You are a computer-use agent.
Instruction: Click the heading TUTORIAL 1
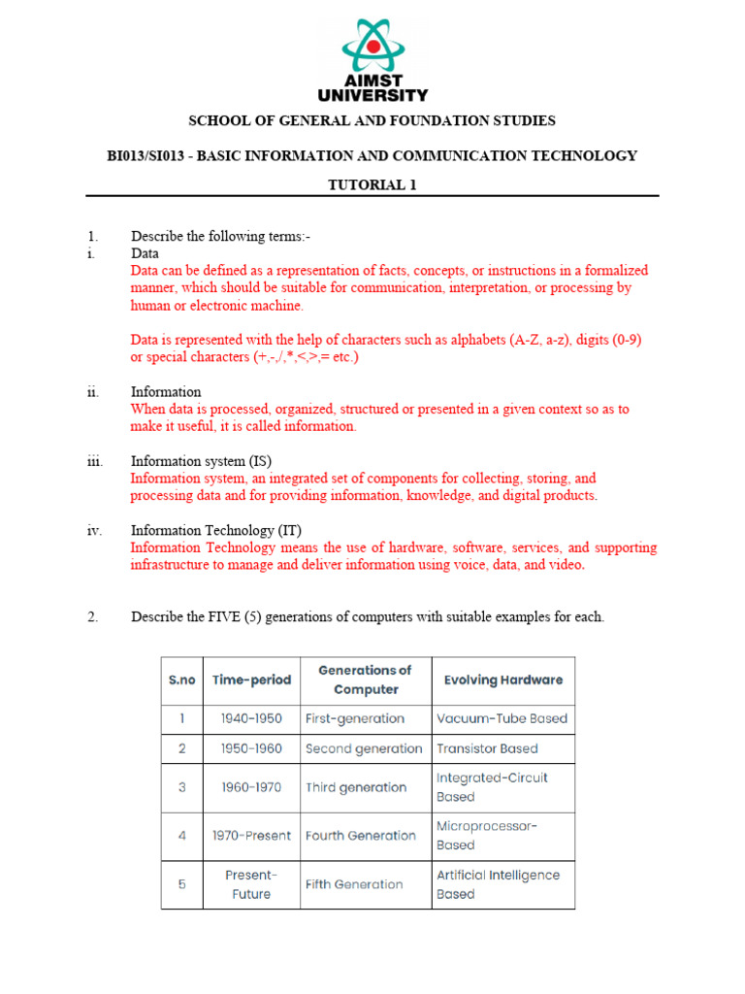(372, 185)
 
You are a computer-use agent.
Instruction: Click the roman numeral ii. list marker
(93, 392)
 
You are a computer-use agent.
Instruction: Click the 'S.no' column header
(181, 679)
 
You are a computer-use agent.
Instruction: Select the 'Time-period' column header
(251, 679)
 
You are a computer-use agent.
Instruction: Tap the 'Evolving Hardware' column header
(502, 679)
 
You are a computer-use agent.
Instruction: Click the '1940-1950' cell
(251, 719)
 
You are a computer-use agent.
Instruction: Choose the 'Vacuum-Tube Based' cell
(502, 719)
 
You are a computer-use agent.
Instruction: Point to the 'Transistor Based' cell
(487, 748)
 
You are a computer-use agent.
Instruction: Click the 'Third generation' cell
(355, 787)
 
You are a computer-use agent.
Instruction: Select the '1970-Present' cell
(251, 836)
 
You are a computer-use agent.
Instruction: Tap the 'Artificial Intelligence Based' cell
(498, 884)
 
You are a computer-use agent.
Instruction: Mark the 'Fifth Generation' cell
(354, 884)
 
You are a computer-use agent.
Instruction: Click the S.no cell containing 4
(181, 836)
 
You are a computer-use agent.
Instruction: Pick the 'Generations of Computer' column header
(366, 679)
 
